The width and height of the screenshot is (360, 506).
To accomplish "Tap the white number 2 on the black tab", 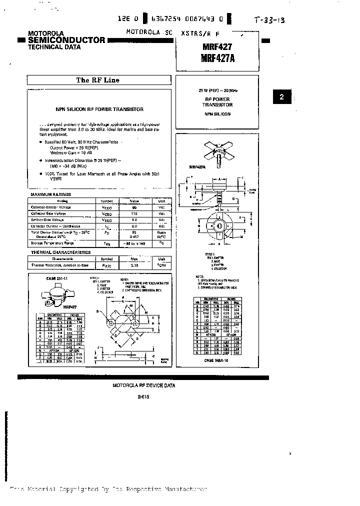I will click(x=281, y=97).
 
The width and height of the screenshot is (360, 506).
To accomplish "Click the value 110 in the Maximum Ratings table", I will click(x=134, y=213).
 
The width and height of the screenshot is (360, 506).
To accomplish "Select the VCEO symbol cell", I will click(x=106, y=207).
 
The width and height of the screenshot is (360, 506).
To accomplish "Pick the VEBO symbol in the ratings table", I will click(x=106, y=220).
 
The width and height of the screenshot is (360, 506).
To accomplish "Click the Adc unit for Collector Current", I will click(x=162, y=226).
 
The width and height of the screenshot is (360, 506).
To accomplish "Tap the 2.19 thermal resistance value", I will click(x=134, y=265).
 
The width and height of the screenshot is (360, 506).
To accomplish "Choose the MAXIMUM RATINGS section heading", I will click(x=51, y=194).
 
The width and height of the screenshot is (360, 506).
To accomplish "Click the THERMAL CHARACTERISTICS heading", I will click(x=60, y=252).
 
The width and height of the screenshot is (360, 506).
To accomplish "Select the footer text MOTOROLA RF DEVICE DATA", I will click(x=144, y=385).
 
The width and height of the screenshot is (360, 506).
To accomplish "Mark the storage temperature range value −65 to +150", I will click(x=134, y=243).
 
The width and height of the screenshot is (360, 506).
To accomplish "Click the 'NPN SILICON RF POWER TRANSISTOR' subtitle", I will click(x=99, y=109).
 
